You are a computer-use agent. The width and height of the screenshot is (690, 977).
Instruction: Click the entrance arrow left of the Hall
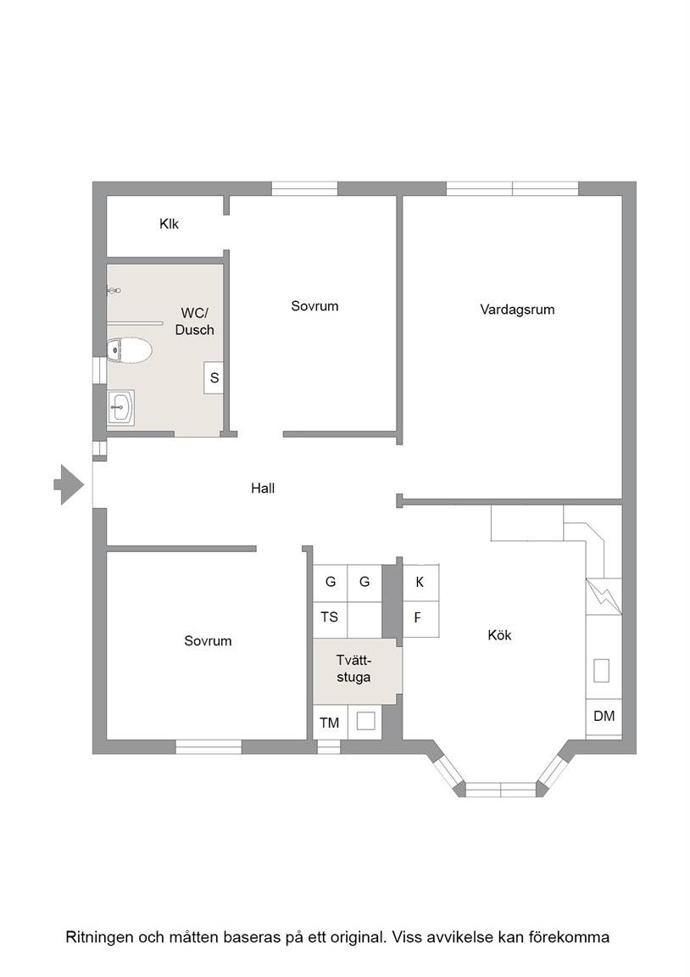69,484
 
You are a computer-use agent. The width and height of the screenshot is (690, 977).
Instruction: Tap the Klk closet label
169,224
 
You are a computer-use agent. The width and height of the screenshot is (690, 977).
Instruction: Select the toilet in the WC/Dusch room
129,351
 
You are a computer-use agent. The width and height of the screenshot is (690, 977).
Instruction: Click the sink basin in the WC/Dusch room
120,407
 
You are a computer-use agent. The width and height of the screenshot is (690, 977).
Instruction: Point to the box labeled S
214,377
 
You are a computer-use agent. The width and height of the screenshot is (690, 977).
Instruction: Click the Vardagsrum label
517,310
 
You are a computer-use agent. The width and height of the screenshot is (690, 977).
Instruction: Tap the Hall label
263,488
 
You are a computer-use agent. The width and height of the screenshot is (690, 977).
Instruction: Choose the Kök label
499,635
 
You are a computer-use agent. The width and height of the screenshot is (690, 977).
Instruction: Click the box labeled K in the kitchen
421,582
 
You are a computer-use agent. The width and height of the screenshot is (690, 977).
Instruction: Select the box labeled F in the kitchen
421,619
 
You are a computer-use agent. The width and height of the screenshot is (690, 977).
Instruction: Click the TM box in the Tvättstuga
330,723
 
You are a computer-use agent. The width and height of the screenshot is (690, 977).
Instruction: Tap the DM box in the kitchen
604,717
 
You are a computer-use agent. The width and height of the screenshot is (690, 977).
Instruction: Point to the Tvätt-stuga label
353,668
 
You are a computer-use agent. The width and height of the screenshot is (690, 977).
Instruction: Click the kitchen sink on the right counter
602,671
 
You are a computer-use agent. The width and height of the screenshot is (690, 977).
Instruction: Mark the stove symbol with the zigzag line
604,597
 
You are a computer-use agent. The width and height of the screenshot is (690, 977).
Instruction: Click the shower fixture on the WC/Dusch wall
114,290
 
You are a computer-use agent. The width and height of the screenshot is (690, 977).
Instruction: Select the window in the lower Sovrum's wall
208,746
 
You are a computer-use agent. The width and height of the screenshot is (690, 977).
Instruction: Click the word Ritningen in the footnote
97,937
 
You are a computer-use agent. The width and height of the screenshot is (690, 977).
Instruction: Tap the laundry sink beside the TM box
365,722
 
